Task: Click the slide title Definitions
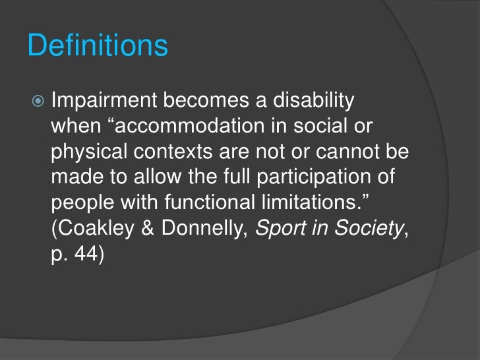[x=98, y=47]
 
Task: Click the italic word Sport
[x=277, y=228]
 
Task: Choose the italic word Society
[x=365, y=228]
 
